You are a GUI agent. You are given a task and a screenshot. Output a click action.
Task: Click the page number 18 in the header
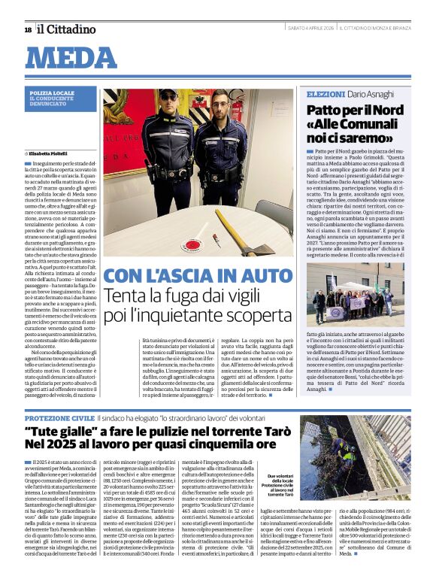click(28, 29)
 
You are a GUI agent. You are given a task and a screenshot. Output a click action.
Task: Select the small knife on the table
click(216, 239)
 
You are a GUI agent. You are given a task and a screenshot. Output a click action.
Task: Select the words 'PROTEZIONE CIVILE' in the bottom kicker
click(60, 417)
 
